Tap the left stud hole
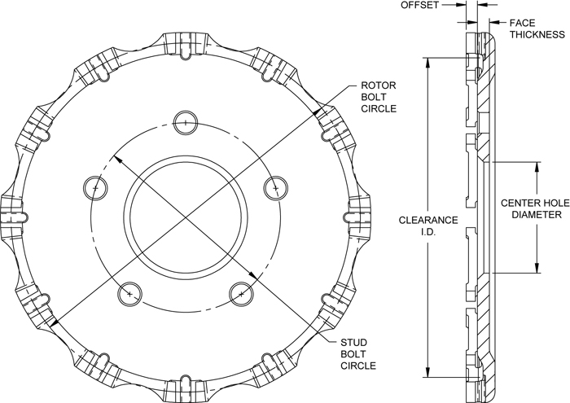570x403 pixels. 95,186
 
